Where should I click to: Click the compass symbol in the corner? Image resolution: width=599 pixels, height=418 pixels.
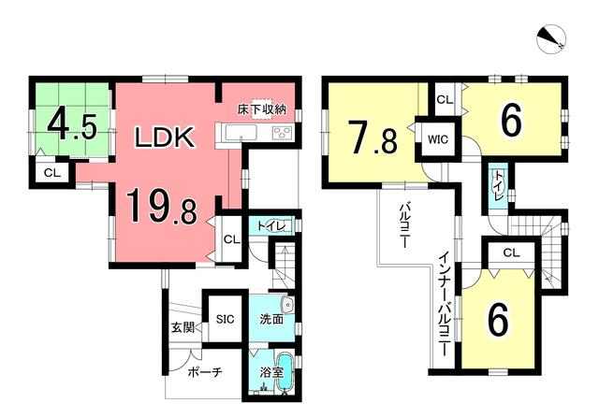click(x=551, y=39)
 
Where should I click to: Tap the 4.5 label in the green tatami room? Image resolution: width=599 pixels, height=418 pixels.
click(x=71, y=123)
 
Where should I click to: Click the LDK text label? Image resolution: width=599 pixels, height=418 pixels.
click(x=165, y=137)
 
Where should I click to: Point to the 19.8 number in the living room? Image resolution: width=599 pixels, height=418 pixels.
click(x=162, y=208)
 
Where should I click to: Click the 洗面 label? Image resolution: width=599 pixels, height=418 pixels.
click(x=271, y=319)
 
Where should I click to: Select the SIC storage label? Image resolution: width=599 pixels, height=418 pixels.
click(x=225, y=319)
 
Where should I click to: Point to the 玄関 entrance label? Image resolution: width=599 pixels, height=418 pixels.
click(x=183, y=327)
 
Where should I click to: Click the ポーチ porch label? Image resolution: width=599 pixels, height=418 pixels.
click(x=205, y=372)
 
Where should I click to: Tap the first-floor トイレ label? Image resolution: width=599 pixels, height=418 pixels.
click(x=271, y=226)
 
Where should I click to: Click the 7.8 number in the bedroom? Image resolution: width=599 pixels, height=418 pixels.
click(x=373, y=137)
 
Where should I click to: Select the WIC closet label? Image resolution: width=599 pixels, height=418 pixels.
click(x=438, y=139)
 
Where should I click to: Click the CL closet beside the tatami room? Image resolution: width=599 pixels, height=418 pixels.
click(x=52, y=173)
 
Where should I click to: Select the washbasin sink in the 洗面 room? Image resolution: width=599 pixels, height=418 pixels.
click(x=286, y=306)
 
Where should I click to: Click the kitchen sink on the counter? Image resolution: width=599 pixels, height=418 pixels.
click(x=235, y=133)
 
